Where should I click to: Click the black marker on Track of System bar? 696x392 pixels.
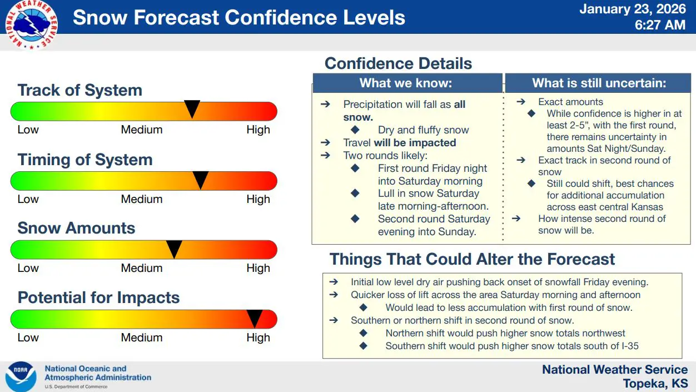click(192, 108)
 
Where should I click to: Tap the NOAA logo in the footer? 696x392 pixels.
click(21, 376)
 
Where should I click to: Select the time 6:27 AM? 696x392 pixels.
click(660, 25)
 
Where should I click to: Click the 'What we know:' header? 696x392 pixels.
click(406, 83)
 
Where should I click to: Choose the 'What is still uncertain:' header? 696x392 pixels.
click(599, 83)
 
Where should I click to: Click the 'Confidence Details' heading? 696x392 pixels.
click(398, 63)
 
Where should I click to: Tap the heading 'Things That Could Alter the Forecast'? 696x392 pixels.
click(472, 259)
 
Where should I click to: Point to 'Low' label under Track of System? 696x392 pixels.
click(28, 130)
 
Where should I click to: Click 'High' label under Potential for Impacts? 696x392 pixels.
click(258, 338)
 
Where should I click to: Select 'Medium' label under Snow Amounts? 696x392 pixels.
click(142, 268)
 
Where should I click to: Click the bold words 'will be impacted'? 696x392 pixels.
click(415, 143)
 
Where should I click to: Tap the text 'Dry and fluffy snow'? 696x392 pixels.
click(423, 130)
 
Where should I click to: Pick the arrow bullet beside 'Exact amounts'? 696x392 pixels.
click(521, 102)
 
